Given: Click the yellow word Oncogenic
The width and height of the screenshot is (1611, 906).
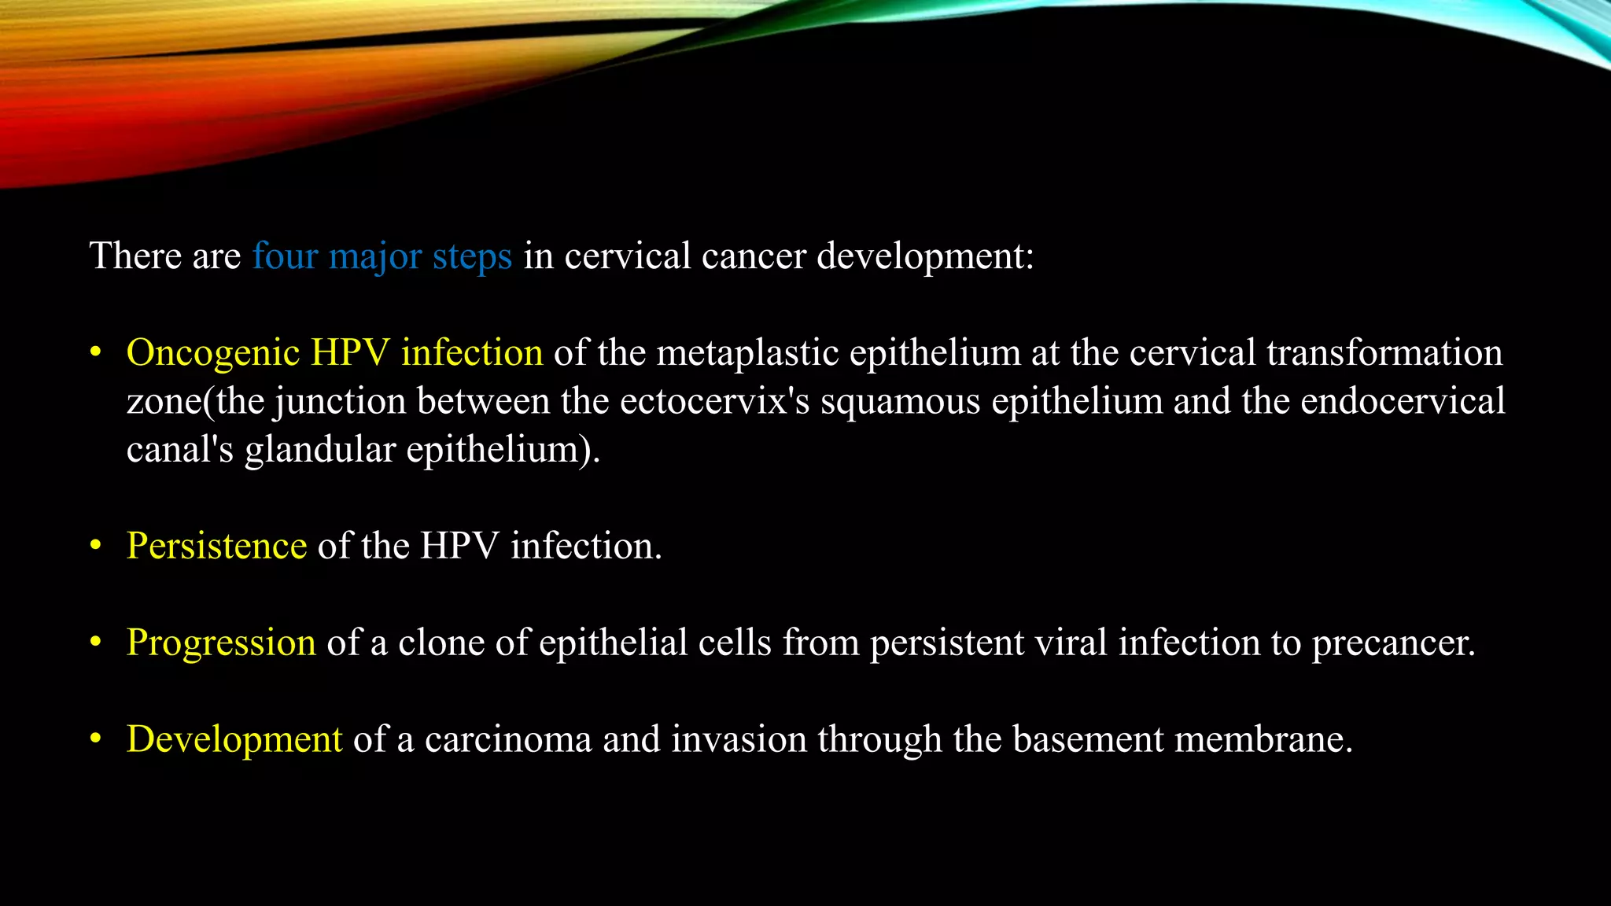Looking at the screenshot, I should pyautogui.click(x=213, y=353).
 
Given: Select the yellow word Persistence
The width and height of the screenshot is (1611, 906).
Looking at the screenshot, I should pyautogui.click(x=216, y=546).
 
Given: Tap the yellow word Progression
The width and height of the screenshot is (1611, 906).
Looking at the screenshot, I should pyautogui.click(x=221, y=643).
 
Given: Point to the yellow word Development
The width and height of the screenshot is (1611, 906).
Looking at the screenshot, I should pyautogui.click(x=234, y=739).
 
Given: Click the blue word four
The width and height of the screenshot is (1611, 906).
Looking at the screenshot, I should pyautogui.click(x=285, y=256).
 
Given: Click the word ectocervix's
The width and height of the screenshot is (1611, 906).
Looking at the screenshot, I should pyautogui.click(x=714, y=401).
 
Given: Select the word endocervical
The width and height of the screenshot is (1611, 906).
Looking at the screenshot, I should pyautogui.click(x=1403, y=401).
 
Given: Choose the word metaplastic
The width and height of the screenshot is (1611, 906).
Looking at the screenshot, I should pyautogui.click(x=747, y=353).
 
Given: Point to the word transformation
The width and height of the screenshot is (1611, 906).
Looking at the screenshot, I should pyautogui.click(x=1384, y=353).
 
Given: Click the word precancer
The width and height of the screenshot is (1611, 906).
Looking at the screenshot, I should pyautogui.click(x=1393, y=643).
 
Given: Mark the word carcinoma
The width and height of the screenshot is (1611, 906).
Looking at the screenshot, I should pyautogui.click(x=508, y=739).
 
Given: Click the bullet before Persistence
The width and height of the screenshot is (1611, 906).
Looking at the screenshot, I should pyautogui.click(x=96, y=546).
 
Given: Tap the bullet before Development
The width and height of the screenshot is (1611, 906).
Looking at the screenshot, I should pyautogui.click(x=96, y=739).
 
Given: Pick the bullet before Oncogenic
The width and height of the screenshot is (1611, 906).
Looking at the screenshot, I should pyautogui.click(x=96, y=353).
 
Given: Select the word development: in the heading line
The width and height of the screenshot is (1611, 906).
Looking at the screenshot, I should pyautogui.click(x=925, y=256).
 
